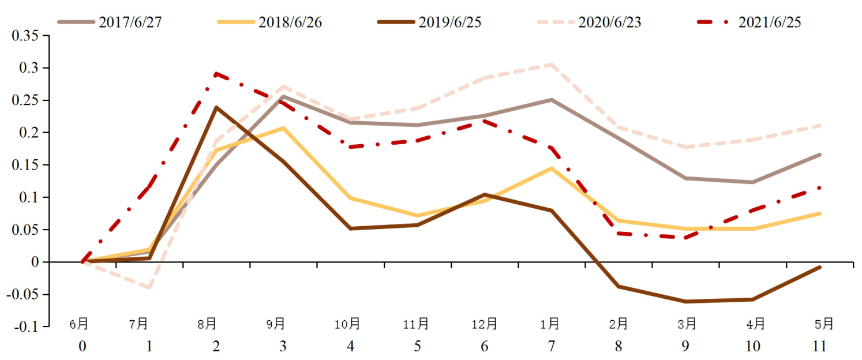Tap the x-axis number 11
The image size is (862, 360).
(820, 346)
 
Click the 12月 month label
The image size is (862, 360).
(484, 324)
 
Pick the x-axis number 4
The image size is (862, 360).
(350, 346)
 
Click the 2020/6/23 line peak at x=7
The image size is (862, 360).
(552, 64)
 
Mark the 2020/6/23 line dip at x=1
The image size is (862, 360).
(149, 287)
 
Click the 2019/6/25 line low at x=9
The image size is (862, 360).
(686, 302)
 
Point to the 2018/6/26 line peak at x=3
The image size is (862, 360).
(283, 127)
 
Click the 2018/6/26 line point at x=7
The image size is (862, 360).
(552, 168)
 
